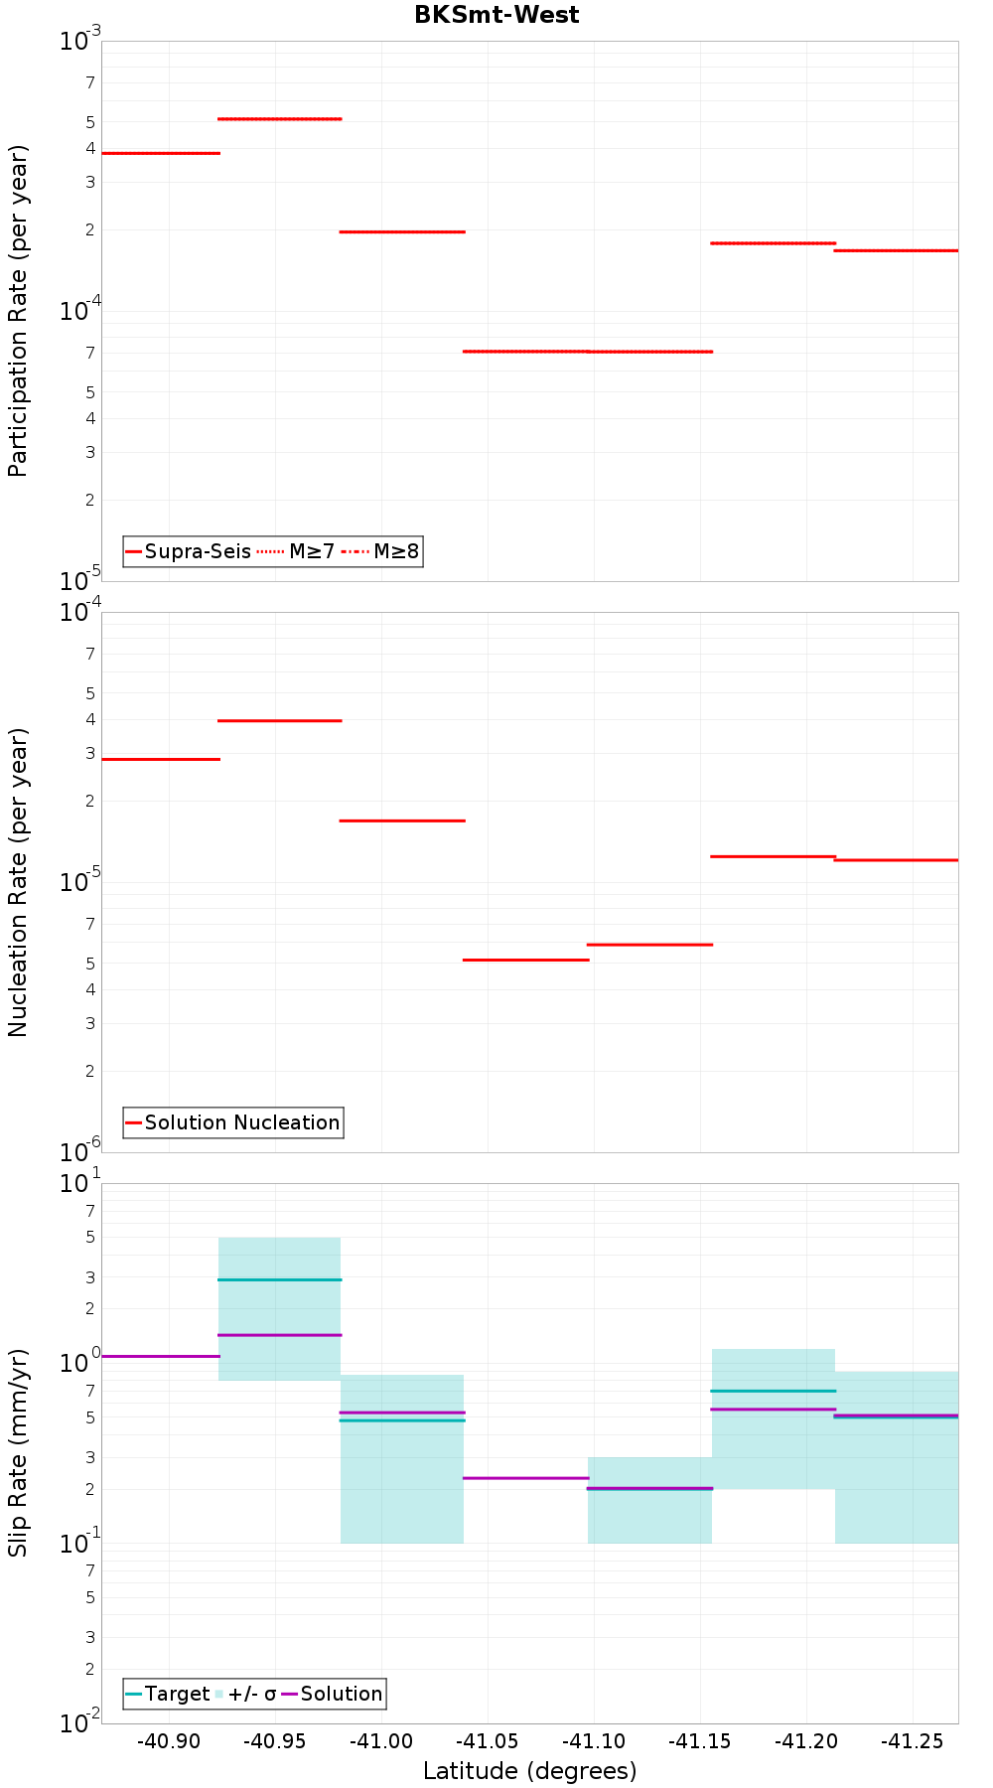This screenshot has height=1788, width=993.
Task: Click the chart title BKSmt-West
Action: click(x=496, y=15)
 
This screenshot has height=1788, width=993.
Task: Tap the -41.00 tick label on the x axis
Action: click(x=381, y=1741)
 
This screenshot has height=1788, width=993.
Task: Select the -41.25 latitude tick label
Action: click(x=912, y=1741)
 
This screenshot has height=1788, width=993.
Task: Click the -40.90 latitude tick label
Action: click(x=169, y=1741)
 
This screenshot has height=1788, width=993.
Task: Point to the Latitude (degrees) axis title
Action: click(x=529, y=1771)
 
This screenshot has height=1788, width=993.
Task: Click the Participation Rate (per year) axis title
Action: click(x=18, y=311)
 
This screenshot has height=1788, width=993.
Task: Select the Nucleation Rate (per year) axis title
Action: click(x=18, y=882)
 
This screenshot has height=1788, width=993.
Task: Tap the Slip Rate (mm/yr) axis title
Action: click(x=18, y=1453)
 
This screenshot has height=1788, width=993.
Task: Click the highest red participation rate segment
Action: click(x=279, y=119)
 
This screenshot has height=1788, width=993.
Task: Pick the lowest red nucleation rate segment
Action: click(x=525, y=960)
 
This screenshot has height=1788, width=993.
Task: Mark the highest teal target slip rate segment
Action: click(x=279, y=1279)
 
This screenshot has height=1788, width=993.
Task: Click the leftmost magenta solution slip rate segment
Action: click(x=160, y=1356)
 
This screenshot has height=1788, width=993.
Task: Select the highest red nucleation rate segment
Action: click(x=279, y=720)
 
